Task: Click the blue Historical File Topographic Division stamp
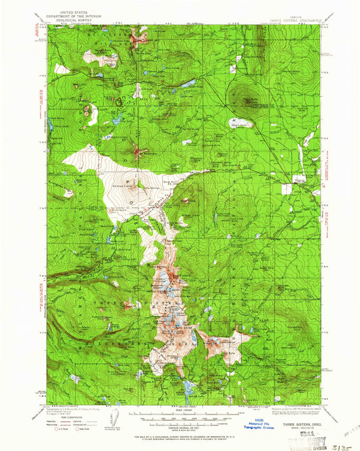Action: (259, 426)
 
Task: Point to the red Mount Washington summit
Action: (138, 152)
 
